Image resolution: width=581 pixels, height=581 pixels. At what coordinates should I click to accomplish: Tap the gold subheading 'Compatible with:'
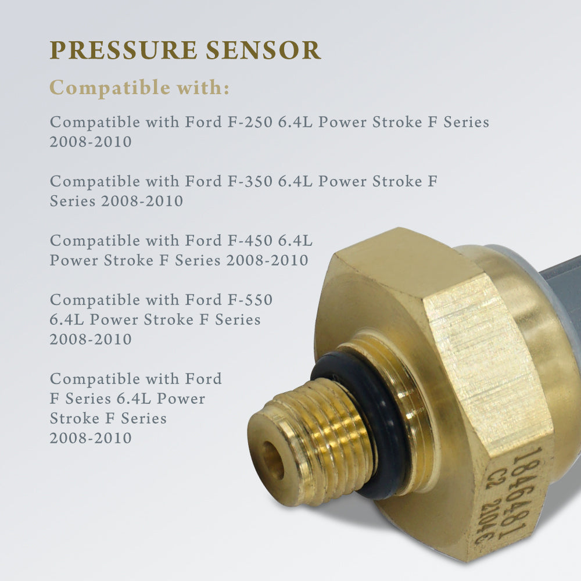coord(139,88)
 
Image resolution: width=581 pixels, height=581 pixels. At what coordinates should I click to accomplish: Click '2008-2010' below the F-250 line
coord(91,142)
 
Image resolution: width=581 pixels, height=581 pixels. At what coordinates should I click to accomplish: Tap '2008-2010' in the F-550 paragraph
coord(91,339)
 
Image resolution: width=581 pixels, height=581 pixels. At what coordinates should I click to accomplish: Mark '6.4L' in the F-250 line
coord(296,123)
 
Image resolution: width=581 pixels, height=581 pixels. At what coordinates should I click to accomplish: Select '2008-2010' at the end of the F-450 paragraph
coord(267,260)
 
